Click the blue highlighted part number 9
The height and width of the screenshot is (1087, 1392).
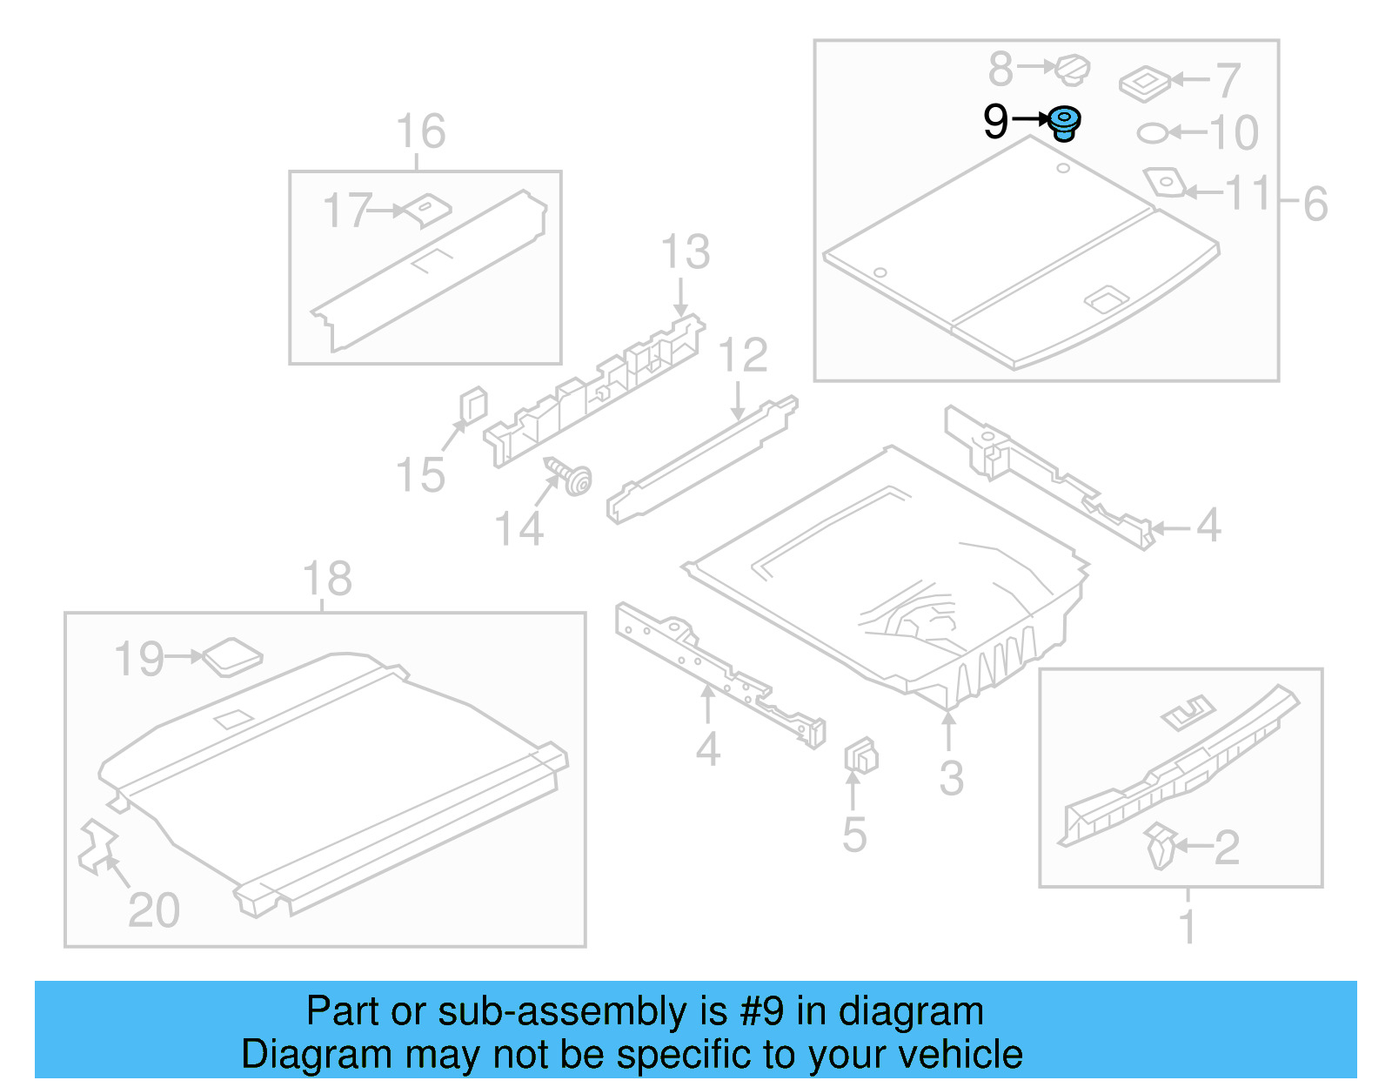click(x=1063, y=123)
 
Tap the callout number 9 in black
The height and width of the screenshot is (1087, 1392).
click(x=995, y=121)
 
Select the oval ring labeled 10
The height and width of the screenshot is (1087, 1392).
click(x=1154, y=133)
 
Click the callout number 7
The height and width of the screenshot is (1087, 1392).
click(x=1227, y=81)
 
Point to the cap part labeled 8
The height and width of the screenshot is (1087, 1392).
click(x=1073, y=69)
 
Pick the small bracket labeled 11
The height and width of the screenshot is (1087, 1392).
click(x=1164, y=182)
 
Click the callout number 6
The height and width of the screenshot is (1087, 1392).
click(x=1315, y=205)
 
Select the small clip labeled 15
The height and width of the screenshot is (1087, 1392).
click(x=472, y=406)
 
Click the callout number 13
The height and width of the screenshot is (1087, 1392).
click(x=686, y=252)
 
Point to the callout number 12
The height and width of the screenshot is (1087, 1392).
click(x=743, y=355)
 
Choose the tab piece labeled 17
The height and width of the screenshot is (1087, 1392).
click(x=428, y=209)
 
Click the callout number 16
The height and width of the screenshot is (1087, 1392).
click(x=421, y=131)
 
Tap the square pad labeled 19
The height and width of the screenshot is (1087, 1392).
click(x=231, y=657)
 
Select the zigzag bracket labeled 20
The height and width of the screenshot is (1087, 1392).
click(x=97, y=846)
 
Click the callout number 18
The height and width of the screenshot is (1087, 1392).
click(x=327, y=579)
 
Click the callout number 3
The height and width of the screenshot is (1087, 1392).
click(x=951, y=778)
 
